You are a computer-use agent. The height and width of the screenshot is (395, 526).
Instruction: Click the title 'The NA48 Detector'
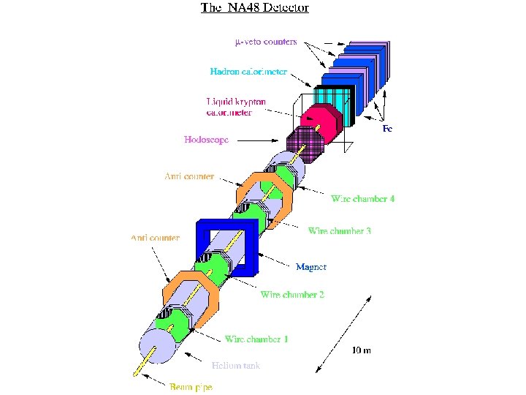tap(254, 8)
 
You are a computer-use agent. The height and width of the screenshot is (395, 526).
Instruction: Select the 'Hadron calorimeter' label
tap(248, 72)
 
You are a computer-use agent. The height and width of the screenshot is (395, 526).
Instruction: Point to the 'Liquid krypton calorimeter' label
tap(235, 107)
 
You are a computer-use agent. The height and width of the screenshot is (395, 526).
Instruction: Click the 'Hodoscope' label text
tap(206, 139)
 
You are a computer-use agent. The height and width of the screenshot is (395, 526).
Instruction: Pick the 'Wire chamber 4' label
tap(362, 198)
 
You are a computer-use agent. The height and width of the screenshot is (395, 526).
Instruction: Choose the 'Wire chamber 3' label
tap(339, 231)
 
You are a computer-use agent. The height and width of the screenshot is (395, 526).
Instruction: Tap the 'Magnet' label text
tap(310, 267)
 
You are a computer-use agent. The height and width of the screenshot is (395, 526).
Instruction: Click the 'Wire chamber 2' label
tap(292, 294)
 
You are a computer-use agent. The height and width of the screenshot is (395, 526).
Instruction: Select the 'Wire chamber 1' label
tap(256, 339)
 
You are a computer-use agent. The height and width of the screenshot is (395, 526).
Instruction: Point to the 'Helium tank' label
tap(235, 365)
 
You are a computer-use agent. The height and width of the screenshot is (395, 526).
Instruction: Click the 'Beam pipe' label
tap(191, 386)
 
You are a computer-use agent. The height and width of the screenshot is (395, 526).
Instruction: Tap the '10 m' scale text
tap(361, 350)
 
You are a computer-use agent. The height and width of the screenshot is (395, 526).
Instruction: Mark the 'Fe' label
tap(387, 129)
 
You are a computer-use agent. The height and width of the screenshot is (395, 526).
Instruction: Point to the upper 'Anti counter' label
tap(189, 176)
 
